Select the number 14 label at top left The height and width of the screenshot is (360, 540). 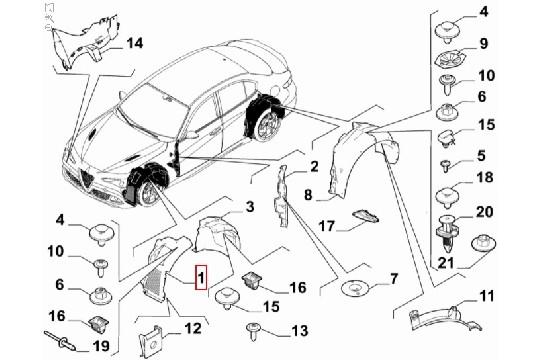click(135, 42)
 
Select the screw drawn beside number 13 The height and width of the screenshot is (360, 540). click(253, 329)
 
